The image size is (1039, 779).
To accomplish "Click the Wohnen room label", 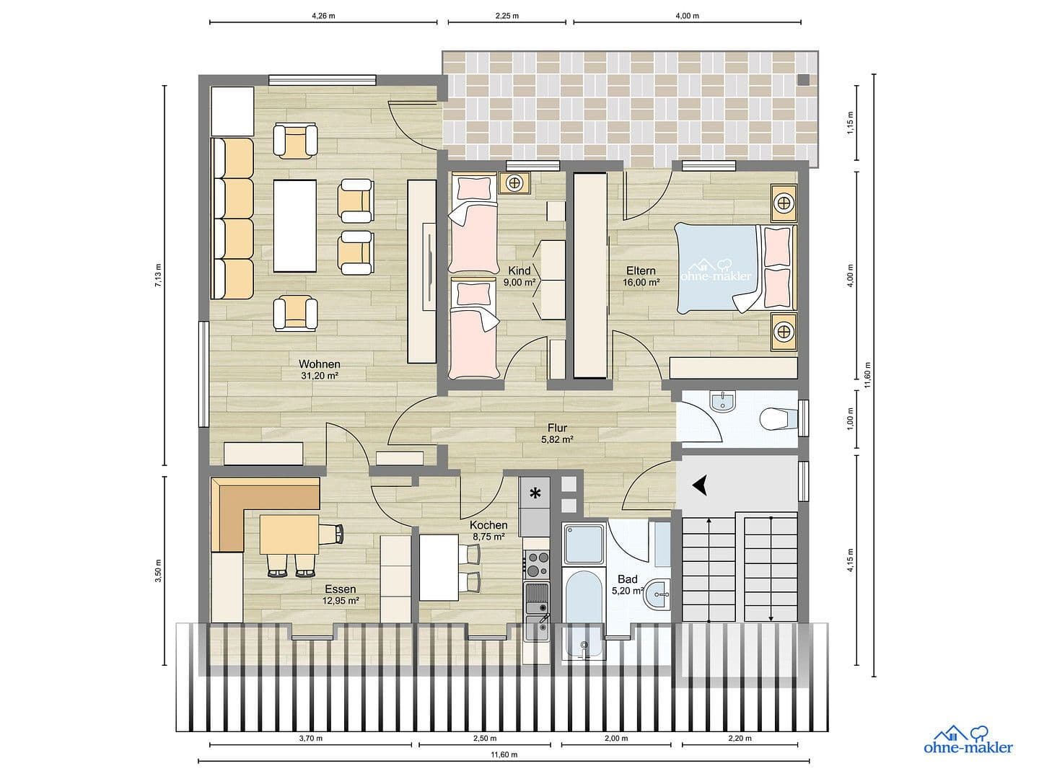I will pos(319,364).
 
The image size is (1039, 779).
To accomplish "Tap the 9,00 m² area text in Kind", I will pos(519,283).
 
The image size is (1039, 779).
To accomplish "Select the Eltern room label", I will pos(641,271).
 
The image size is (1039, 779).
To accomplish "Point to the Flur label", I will pos(557,428).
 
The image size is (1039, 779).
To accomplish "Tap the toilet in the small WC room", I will pos(776,418).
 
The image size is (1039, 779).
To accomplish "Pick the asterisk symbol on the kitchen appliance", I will pos(535,493).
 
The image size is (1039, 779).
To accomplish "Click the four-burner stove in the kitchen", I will pos(536,563).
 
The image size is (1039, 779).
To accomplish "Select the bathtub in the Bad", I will pos(582,612).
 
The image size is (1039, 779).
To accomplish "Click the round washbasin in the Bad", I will pos(659,595).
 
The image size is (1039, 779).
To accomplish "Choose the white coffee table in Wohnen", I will pos(295,225).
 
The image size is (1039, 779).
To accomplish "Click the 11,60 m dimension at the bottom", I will pos(504,754).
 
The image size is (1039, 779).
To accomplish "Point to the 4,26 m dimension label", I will pos(323,15).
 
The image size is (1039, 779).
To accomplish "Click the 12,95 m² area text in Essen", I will pos(341,599).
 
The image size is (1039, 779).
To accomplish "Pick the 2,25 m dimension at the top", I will pos(506,15).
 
